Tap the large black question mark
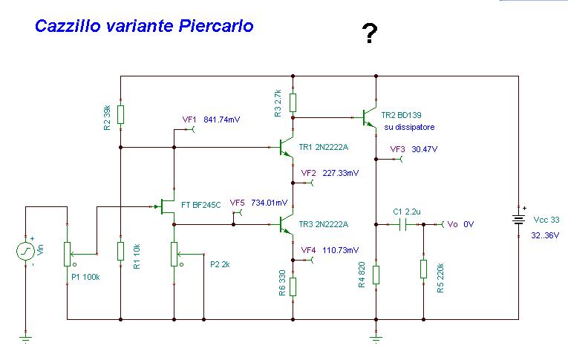pos(368,34)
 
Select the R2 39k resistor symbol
pos(120,114)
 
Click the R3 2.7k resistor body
pos(293,102)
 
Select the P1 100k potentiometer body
pos(67,252)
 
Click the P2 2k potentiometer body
pos(174,252)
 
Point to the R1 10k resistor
pos(120,251)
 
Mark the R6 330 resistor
pos(293,286)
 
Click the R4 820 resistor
pos(376,275)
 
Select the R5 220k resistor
pos(423,269)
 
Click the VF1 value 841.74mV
pos(222,120)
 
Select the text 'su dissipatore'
pos(409,128)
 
